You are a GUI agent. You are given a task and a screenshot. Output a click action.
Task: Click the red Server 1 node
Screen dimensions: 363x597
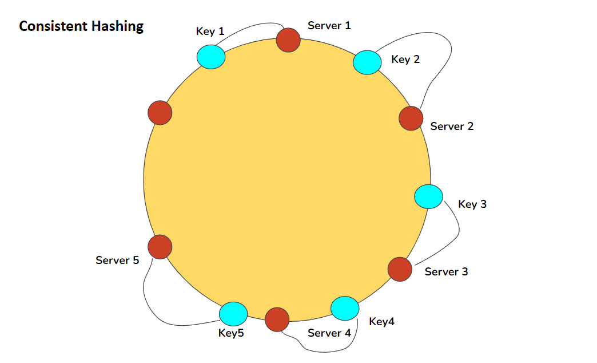[288, 40]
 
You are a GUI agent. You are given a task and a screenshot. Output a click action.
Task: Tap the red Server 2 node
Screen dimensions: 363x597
[411, 118]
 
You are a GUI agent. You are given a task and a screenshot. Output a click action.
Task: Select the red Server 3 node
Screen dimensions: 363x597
[400, 269]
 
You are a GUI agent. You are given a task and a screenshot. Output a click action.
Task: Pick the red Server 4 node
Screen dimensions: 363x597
[277, 319]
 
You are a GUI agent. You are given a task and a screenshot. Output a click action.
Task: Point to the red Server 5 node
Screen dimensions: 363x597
[160, 247]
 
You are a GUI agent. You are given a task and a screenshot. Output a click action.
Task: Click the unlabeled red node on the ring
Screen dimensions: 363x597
[160, 112]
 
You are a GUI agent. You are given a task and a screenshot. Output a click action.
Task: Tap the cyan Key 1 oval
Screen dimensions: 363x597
[211, 57]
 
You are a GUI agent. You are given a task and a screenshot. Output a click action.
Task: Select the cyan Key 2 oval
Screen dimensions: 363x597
[367, 62]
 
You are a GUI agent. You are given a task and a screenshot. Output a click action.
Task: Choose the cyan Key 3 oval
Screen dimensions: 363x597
[428, 197]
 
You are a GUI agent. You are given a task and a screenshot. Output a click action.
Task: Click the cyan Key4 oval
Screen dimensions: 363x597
[345, 308]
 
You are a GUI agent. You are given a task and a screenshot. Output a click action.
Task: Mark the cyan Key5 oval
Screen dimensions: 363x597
[233, 313]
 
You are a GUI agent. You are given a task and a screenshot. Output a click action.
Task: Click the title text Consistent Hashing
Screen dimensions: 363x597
[81, 26]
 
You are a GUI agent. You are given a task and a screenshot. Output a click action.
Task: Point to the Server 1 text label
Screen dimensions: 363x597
[329, 25]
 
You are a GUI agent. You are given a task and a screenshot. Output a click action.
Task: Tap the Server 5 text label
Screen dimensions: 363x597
[117, 260]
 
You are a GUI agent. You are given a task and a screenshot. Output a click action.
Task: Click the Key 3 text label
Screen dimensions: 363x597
[472, 204]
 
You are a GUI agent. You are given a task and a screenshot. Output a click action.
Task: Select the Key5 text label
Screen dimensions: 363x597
[231, 333]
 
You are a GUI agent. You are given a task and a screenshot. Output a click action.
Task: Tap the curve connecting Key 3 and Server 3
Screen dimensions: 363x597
[457, 232]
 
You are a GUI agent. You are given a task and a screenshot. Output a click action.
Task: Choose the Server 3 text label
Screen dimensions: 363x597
[446, 271]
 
